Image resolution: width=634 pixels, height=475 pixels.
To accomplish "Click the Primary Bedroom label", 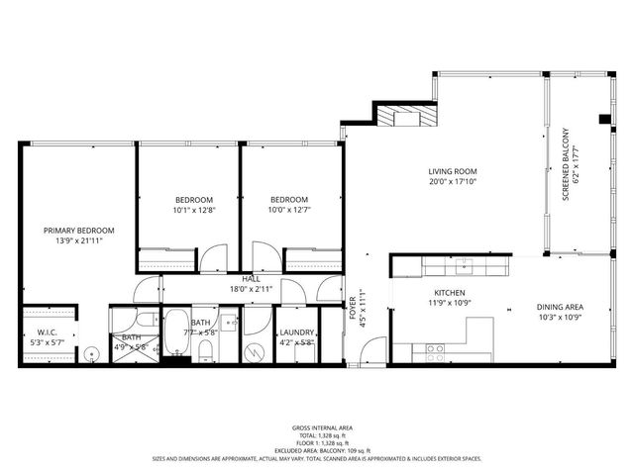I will (79, 231).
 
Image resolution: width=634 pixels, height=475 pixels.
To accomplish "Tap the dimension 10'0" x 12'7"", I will (289, 209).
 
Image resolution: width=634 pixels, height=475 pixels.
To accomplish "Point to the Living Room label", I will (453, 171).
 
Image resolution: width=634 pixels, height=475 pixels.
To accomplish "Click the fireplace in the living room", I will (406, 116).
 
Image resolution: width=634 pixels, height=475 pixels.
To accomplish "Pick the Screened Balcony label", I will (566, 163).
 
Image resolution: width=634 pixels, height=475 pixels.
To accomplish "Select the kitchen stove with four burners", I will (434, 348).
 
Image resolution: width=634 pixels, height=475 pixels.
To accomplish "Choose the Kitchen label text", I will (450, 294).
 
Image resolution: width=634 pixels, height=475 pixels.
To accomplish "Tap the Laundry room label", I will (296, 332).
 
